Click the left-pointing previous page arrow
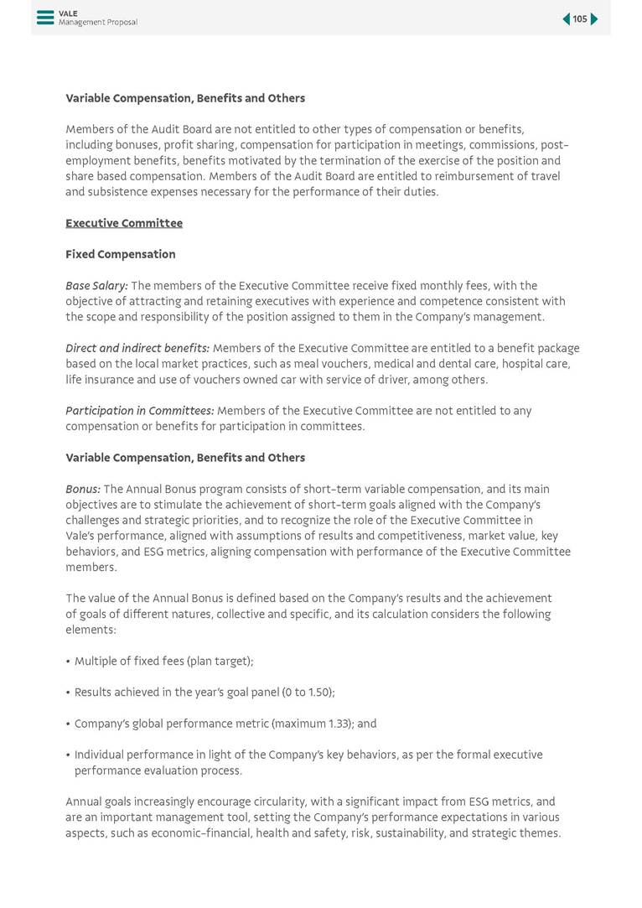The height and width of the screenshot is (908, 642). [x=567, y=19]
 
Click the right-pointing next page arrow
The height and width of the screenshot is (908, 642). [x=594, y=19]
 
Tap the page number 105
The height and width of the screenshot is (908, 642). [x=580, y=19]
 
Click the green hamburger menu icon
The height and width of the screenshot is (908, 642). [x=45, y=18]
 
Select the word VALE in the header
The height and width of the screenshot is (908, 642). [x=68, y=13]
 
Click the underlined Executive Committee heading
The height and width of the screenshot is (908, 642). [x=124, y=223]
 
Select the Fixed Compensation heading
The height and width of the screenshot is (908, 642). [x=121, y=254]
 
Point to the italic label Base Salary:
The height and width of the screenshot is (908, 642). [x=96, y=286]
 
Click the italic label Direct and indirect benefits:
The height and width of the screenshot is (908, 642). [x=137, y=348]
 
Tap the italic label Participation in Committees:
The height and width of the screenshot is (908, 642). [x=140, y=411]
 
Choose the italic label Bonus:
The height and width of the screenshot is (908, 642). [x=83, y=489]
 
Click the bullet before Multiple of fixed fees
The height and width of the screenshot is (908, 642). [x=68, y=662]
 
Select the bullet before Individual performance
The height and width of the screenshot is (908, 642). [x=68, y=755]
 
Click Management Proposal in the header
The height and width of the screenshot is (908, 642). [x=98, y=23]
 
